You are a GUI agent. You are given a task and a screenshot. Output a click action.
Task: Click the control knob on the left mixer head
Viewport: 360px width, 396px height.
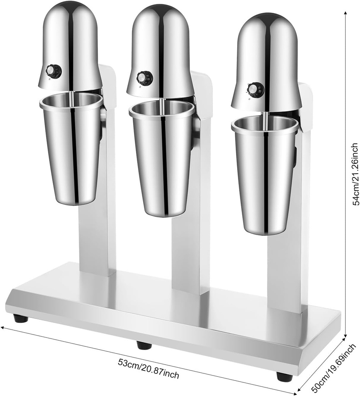[x=54, y=71]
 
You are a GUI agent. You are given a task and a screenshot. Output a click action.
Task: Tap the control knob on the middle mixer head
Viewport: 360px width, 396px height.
[x=145, y=78]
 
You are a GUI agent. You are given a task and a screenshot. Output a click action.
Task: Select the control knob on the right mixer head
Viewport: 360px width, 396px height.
[x=254, y=89]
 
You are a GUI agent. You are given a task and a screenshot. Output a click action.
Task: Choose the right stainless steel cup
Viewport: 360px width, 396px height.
[x=265, y=174]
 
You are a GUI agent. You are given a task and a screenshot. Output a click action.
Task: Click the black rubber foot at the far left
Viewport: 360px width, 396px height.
[x=20, y=318]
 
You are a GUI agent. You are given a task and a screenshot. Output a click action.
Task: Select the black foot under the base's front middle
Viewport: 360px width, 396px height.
[x=144, y=345]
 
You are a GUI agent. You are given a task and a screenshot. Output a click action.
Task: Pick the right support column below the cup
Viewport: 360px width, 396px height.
[x=286, y=271]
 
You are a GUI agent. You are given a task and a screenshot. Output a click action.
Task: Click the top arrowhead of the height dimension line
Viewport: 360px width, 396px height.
[x=345, y=13]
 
